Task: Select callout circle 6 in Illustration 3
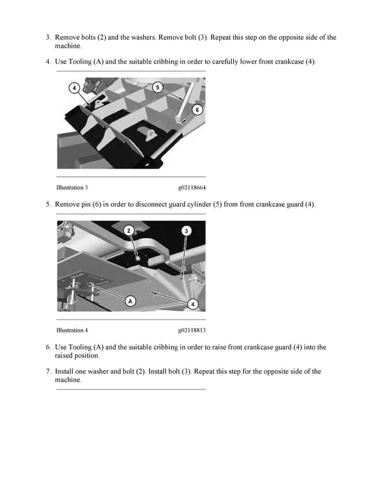point(197,109)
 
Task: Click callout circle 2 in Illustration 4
point(128,231)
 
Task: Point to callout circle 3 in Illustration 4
point(186,231)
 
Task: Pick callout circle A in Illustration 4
point(131,301)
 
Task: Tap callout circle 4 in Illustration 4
point(193,304)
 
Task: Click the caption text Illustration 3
point(72,187)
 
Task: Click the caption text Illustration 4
point(72,330)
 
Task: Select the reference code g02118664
point(192,187)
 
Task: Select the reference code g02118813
point(192,330)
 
